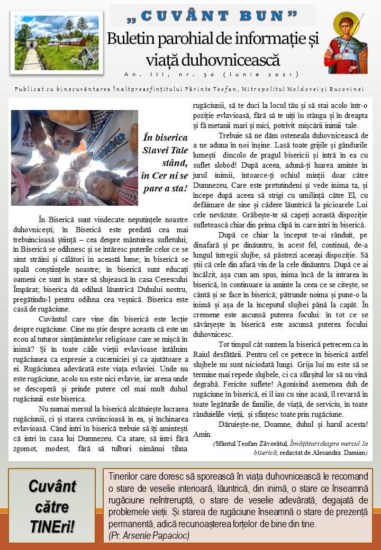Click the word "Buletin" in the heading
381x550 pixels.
click(131, 39)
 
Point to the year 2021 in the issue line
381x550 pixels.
click(283, 74)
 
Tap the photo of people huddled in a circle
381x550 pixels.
click(74, 158)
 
